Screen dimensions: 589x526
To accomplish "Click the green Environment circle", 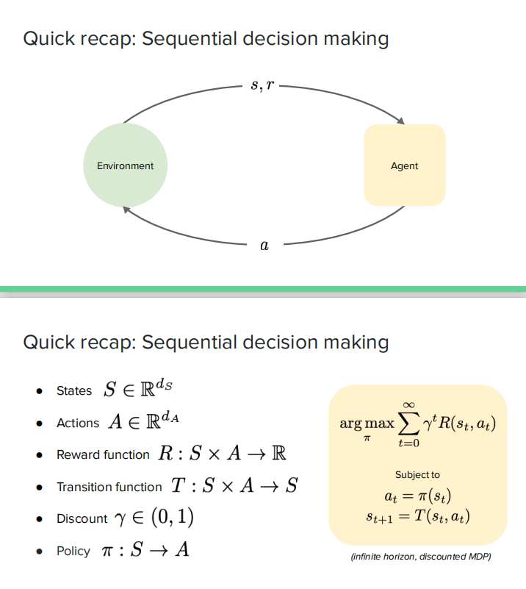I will (x=125, y=165).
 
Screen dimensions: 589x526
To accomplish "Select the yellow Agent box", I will (x=405, y=165).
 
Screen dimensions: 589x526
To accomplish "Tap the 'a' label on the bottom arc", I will (x=264, y=246).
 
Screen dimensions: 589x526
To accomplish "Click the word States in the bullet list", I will (x=74, y=391).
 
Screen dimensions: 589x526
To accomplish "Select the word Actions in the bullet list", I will (x=78, y=424).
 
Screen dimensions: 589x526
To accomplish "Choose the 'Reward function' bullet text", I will (x=103, y=455).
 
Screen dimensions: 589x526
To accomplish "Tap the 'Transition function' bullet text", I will (x=109, y=487).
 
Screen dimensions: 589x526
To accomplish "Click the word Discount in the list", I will (x=82, y=519).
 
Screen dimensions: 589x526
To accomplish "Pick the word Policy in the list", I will (x=73, y=551).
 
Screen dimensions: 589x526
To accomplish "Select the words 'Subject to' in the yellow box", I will (x=417, y=475).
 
